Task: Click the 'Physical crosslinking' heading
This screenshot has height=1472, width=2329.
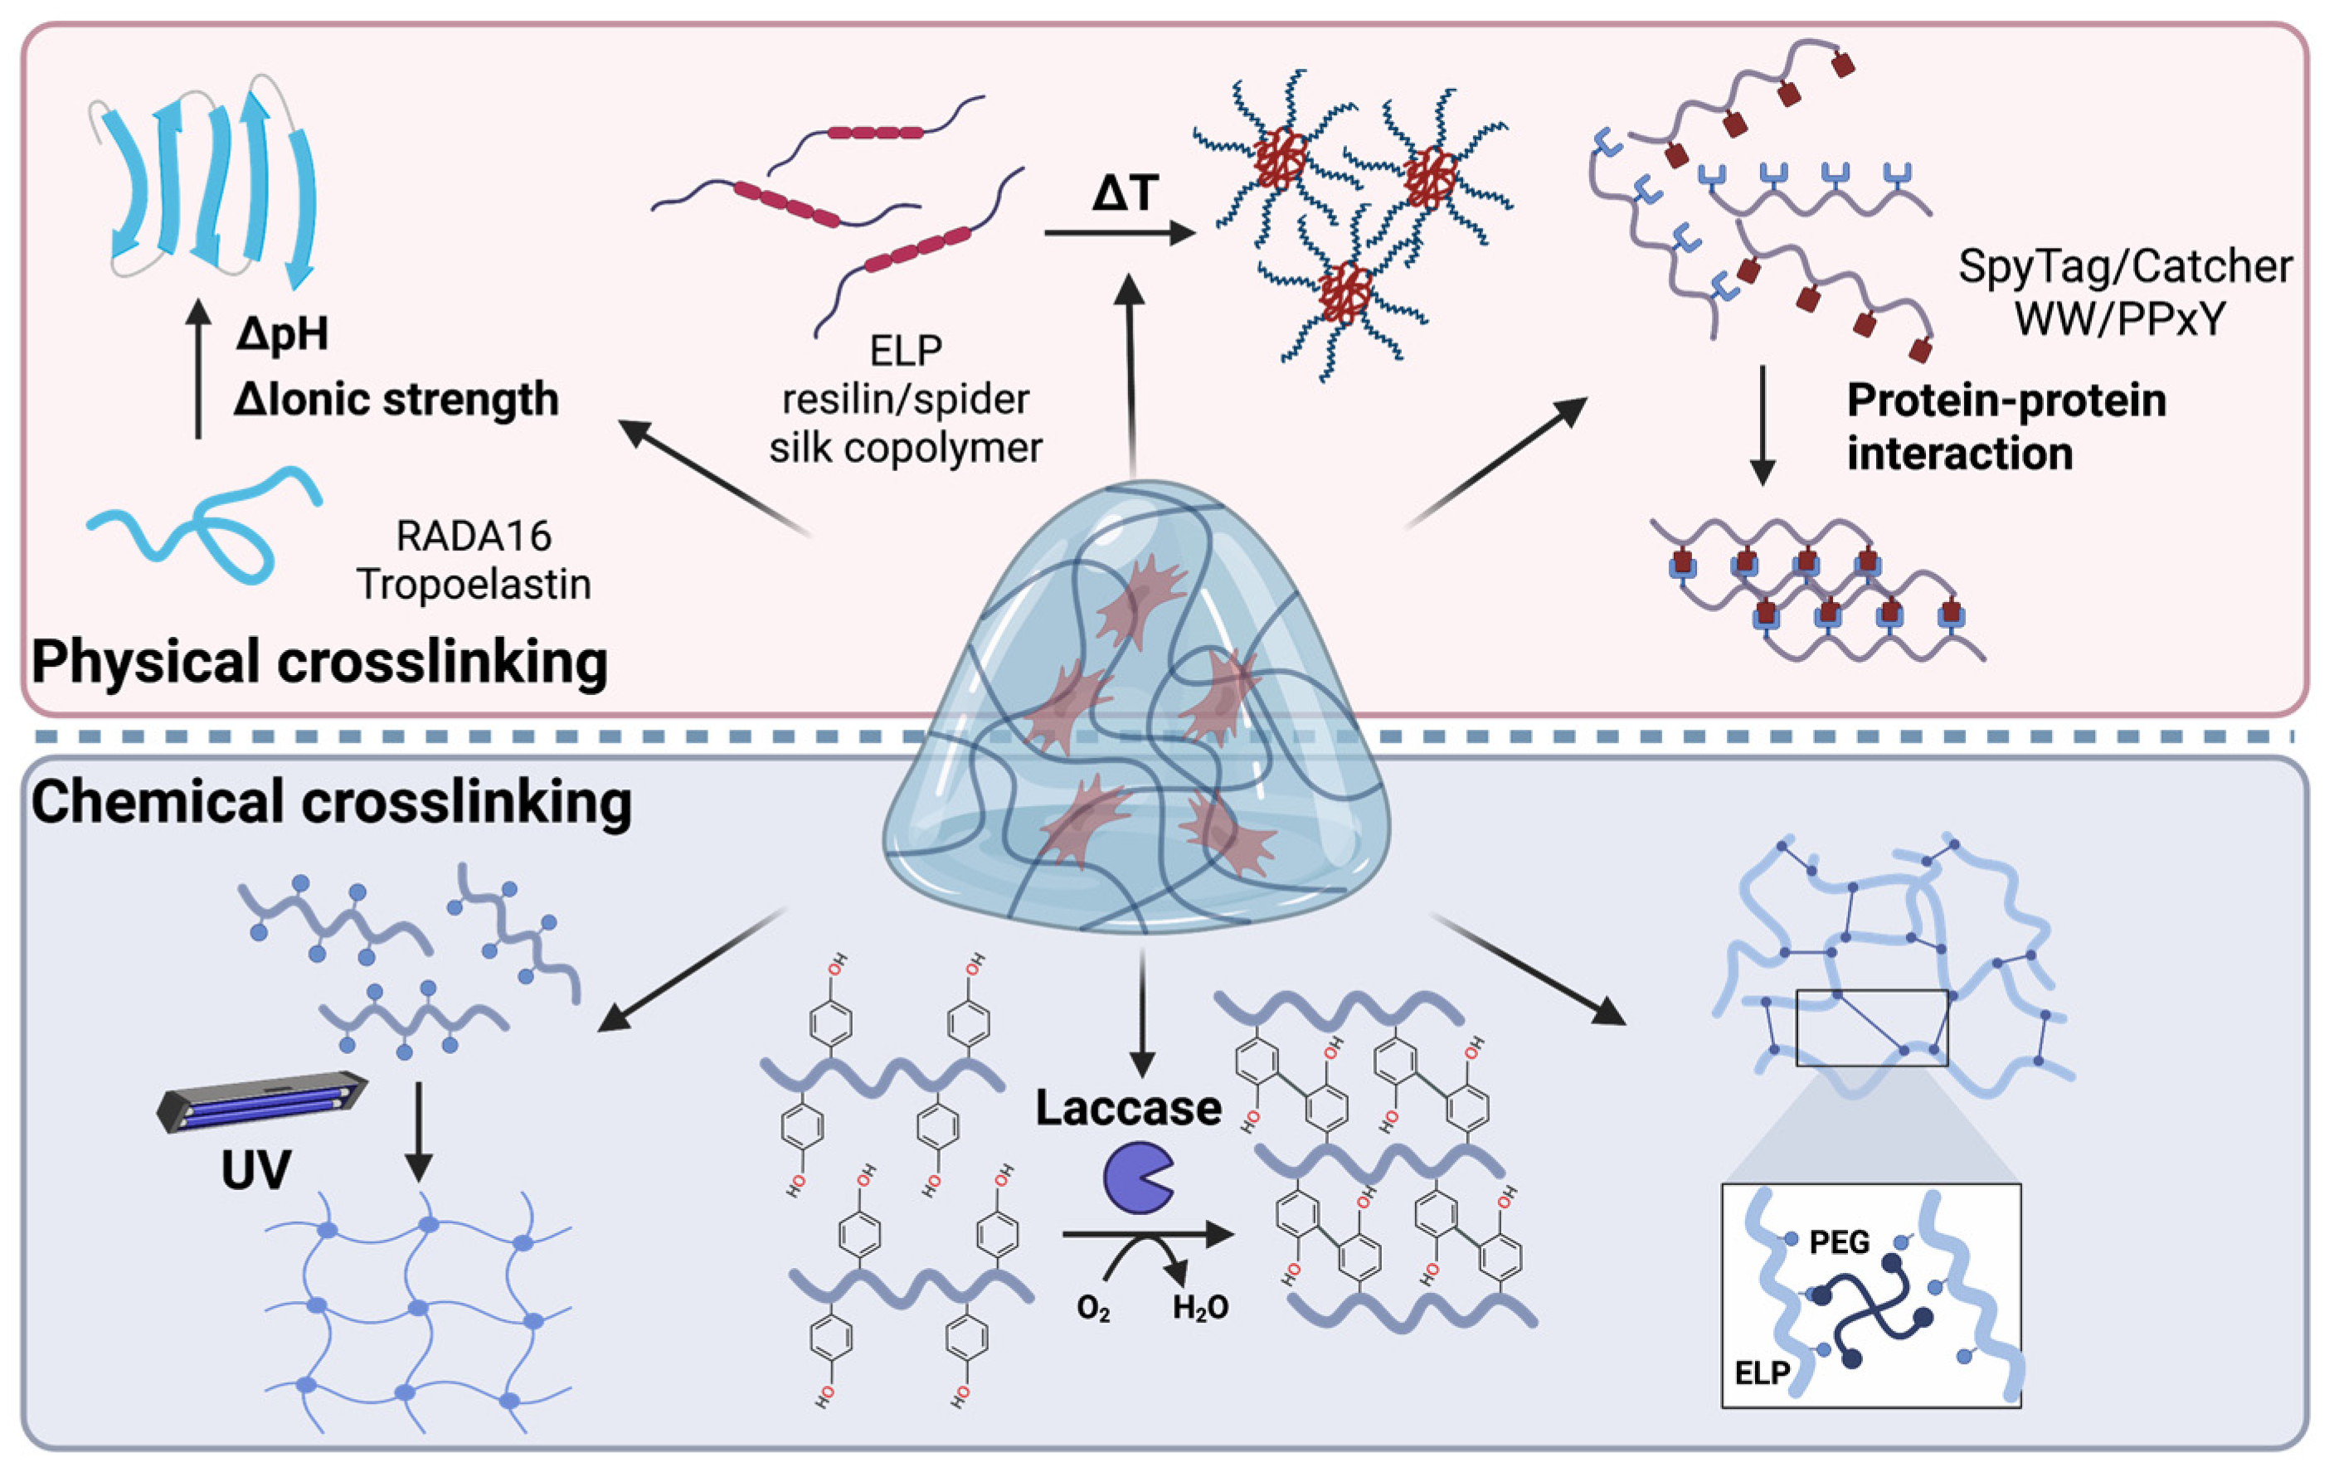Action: point(319,663)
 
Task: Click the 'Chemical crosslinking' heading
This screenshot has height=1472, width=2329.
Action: point(331,803)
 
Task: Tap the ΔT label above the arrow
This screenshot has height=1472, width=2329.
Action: point(1124,193)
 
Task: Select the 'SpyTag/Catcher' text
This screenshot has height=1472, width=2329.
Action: point(2125,266)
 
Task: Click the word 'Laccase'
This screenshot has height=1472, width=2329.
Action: point(1128,1108)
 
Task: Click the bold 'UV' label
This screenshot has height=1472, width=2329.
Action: point(255,1171)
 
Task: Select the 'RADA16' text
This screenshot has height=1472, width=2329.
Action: point(473,536)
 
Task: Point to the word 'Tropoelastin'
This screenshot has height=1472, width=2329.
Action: point(473,584)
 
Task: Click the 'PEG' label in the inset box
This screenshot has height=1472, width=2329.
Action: point(1839,1241)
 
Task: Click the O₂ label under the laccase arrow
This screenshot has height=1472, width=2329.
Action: point(1093,1309)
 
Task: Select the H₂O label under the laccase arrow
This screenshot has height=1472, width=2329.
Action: point(1200,1309)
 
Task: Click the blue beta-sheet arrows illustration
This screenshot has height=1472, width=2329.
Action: point(208,179)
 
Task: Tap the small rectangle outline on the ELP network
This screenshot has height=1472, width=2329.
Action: point(1870,1027)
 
